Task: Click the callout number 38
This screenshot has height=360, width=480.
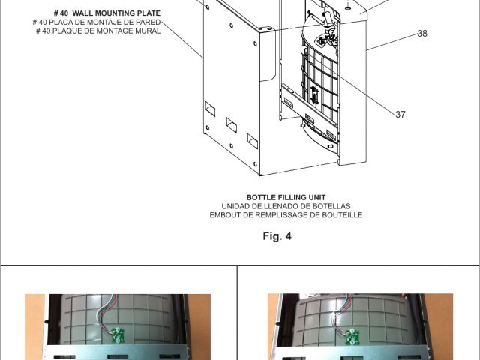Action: coord(422,33)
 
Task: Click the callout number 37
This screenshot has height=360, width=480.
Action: coord(400,115)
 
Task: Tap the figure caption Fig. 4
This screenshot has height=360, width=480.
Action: coord(277,235)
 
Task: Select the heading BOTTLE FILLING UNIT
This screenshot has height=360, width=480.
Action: coord(286,197)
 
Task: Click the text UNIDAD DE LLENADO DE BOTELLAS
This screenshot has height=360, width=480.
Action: coord(286,206)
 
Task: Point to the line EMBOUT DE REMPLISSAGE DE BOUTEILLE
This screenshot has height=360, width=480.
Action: coord(286,215)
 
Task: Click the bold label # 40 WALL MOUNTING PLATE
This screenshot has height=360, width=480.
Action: coord(107,13)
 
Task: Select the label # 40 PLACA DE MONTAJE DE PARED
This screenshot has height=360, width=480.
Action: coord(97,22)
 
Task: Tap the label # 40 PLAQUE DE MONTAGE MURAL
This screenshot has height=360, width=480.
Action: coord(98,31)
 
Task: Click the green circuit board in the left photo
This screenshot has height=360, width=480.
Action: coord(117,334)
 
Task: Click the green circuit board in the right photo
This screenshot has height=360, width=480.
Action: coord(352,337)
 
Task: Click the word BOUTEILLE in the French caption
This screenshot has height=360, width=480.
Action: coord(342,215)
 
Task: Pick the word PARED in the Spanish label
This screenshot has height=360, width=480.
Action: coord(148,22)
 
